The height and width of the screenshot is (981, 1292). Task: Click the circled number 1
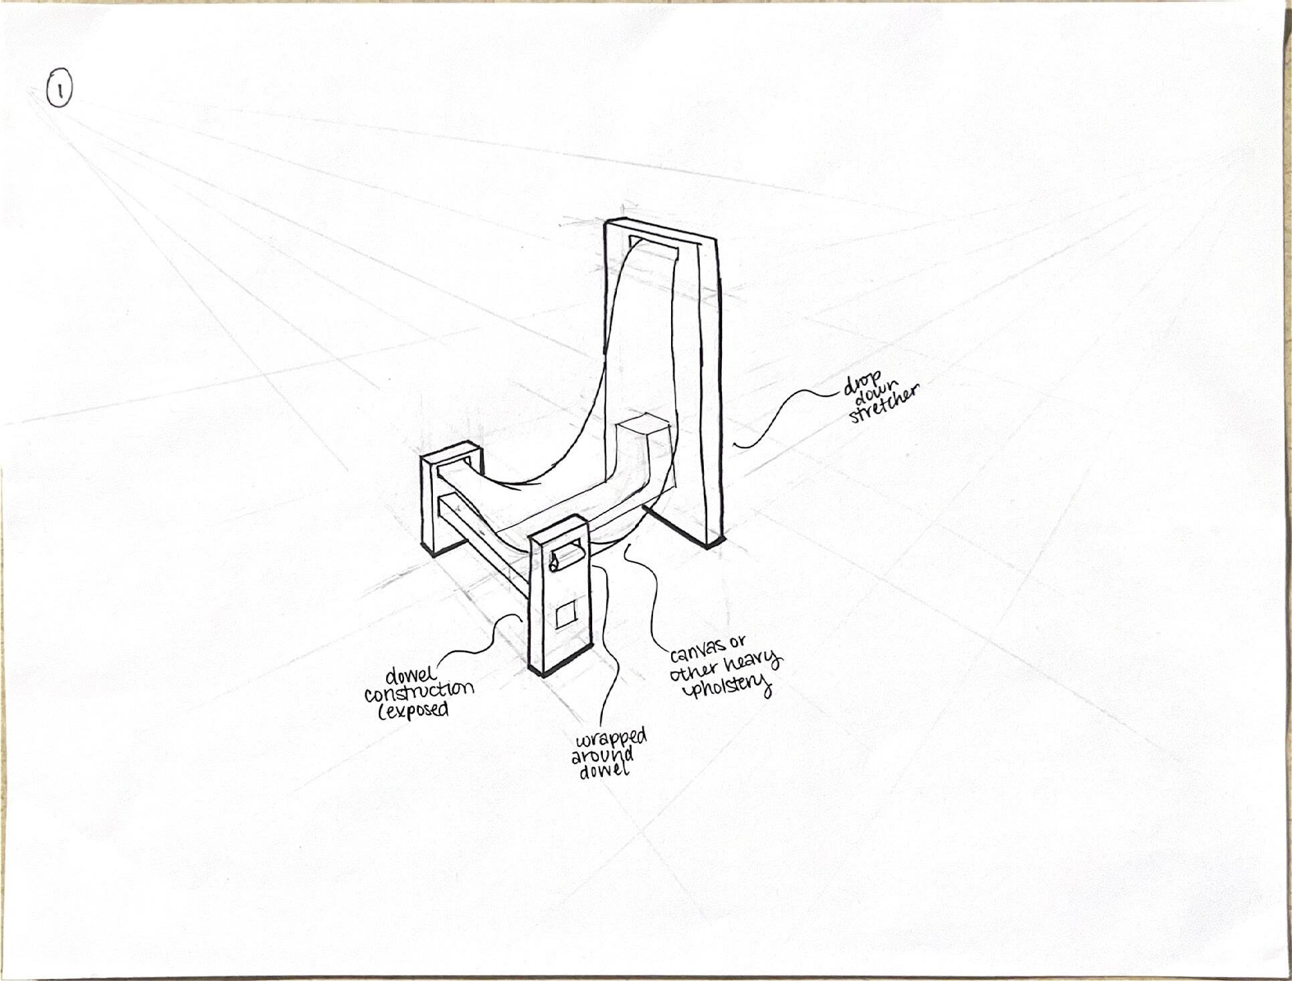[60, 89]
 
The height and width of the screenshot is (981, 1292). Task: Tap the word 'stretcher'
[885, 404]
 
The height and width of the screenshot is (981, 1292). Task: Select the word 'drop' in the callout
[862, 384]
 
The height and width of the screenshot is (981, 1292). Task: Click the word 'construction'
[419, 691]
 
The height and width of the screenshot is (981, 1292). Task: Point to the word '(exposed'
[413, 710]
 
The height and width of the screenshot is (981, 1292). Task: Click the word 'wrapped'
[612, 739]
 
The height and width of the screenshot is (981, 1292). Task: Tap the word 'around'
[602, 756]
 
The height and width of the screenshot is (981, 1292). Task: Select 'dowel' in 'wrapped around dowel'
[604, 771]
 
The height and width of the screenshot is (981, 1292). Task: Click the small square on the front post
[565, 614]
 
